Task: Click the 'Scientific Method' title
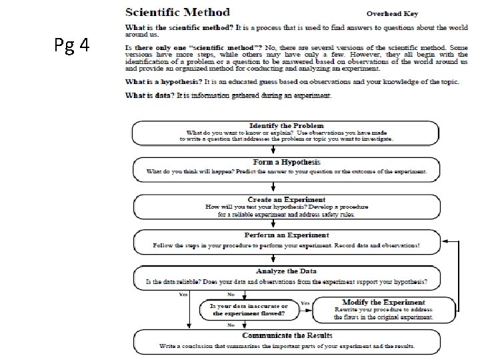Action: (x=178, y=12)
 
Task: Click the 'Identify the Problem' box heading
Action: (x=286, y=125)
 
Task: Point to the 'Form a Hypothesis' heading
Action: (x=286, y=162)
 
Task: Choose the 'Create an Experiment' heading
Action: (x=286, y=199)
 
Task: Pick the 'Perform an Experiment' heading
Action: (x=286, y=235)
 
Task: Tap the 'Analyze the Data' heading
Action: (x=286, y=271)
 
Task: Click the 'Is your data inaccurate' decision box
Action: (x=249, y=309)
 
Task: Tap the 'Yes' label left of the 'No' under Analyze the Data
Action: (x=183, y=294)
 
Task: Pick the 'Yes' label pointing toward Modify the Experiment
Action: (x=305, y=303)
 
